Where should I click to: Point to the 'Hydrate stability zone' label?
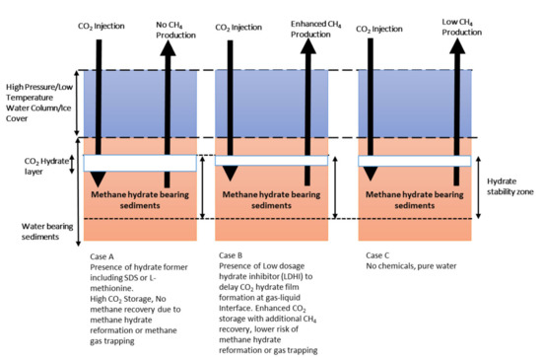pyautogui.click(x=508, y=187)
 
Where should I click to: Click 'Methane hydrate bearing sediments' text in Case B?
pyautogui.click(x=272, y=201)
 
